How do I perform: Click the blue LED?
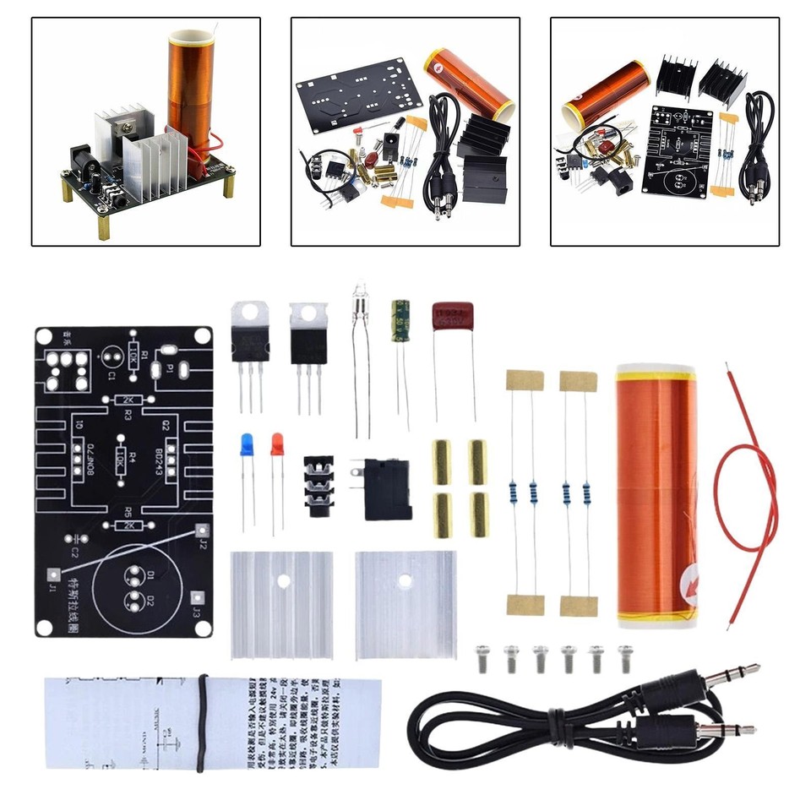[247, 444]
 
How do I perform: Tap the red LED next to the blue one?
[277, 444]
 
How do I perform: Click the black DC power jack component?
[388, 489]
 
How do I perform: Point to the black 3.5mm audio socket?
[319, 487]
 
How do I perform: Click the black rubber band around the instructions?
[203, 722]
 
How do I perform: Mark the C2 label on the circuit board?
[73, 551]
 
